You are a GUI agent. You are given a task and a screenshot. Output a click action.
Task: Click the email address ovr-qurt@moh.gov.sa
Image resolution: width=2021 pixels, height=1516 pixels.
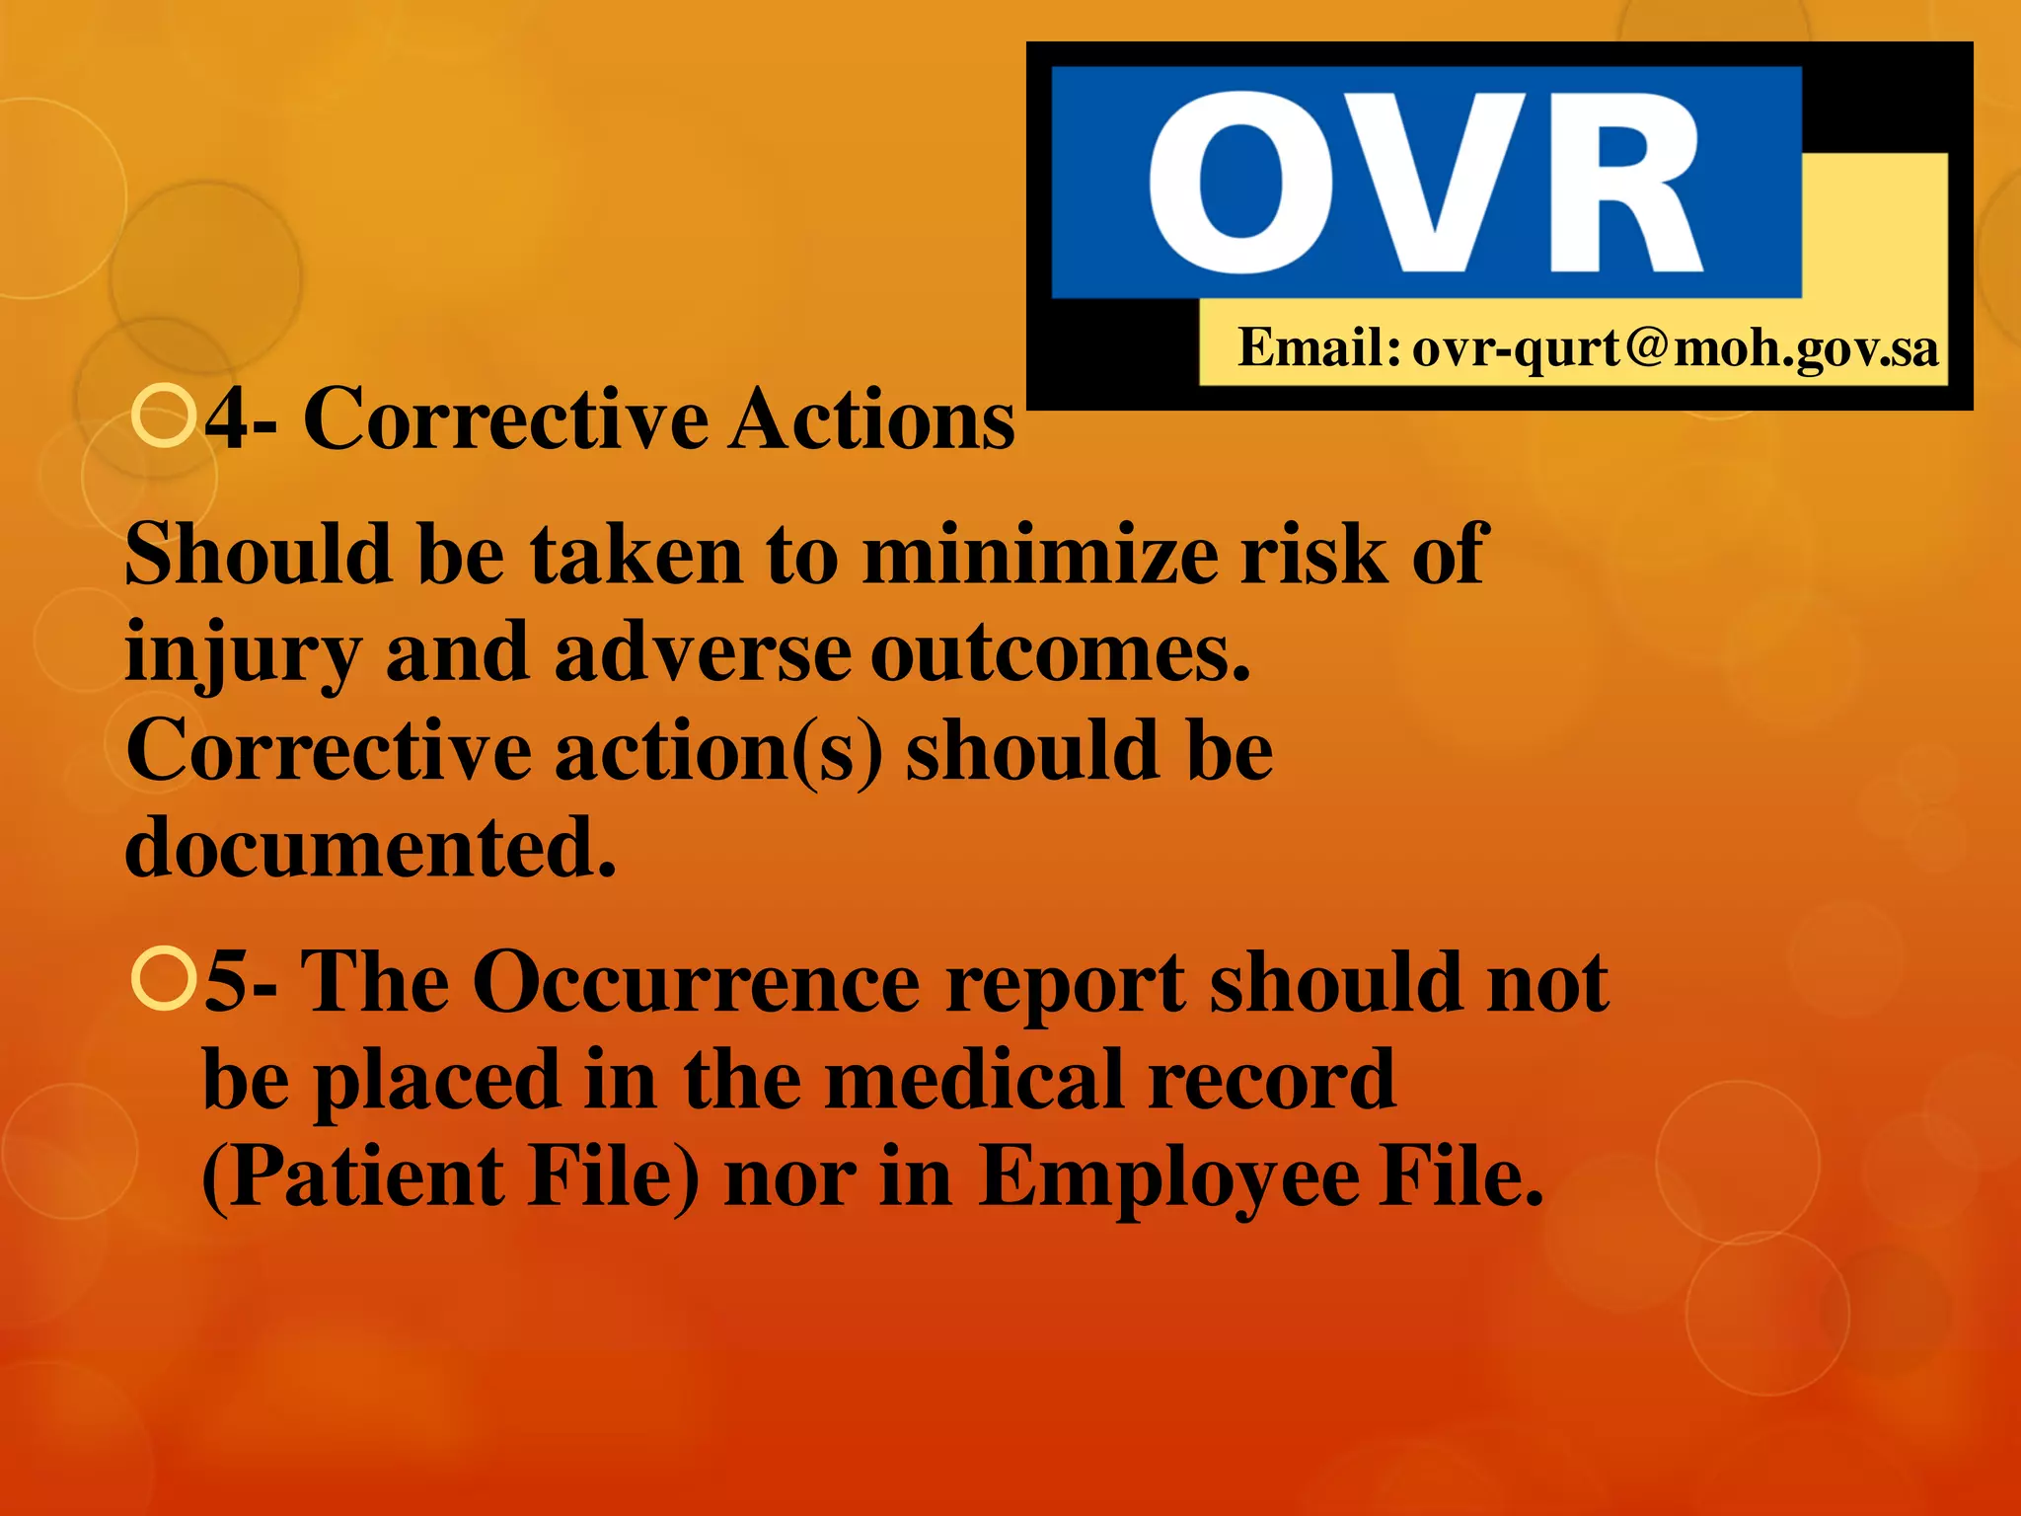[x=1675, y=348]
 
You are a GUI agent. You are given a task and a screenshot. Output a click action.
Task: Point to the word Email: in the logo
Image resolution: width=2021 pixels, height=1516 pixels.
[x=1318, y=347]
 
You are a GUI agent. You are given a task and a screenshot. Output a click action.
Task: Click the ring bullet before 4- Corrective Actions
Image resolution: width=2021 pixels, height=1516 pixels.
[x=163, y=417]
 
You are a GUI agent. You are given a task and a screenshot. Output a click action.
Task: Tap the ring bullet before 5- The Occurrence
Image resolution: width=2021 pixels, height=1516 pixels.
[x=163, y=979]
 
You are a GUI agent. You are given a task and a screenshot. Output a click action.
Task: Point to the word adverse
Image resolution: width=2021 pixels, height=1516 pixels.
[x=702, y=653]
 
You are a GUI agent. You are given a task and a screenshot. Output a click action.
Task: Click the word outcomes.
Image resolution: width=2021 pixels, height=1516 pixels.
[x=1060, y=653]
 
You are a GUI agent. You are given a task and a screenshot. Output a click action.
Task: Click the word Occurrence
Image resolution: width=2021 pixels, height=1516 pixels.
[x=696, y=983]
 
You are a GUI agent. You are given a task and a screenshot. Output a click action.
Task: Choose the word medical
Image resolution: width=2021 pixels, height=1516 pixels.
[x=977, y=1080]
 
